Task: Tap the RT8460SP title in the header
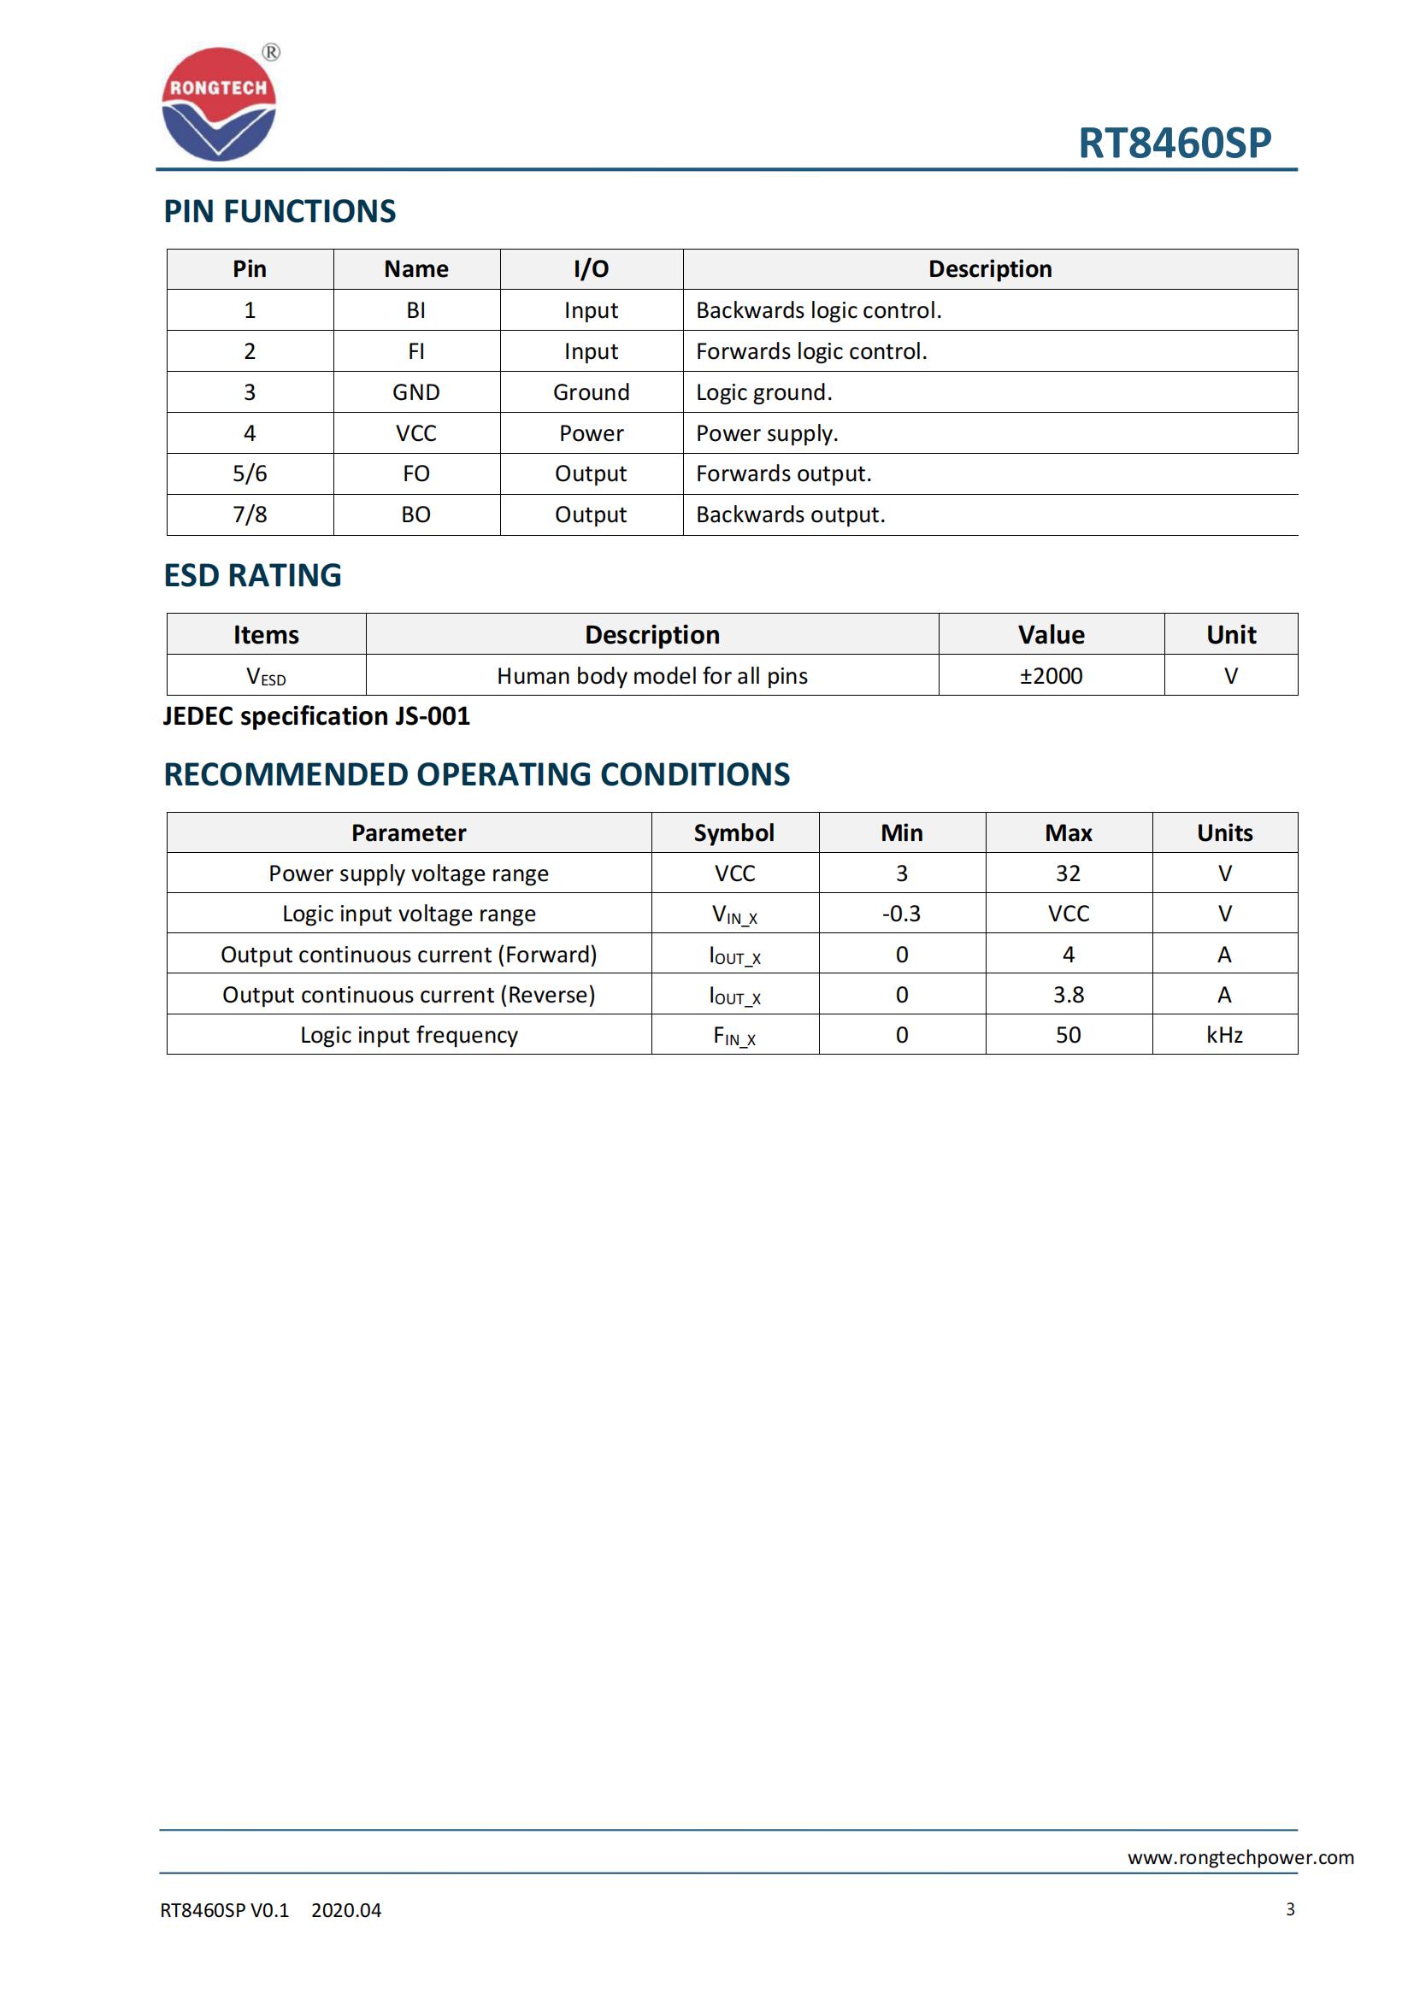click(1174, 143)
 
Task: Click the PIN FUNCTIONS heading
click(280, 212)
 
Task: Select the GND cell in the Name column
click(416, 391)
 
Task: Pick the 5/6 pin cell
click(250, 473)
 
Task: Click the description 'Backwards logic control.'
click(818, 311)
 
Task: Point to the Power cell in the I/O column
click(592, 432)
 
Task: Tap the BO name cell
click(416, 514)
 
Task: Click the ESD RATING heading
click(252, 575)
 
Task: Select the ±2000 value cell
click(1051, 676)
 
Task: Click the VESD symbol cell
click(266, 677)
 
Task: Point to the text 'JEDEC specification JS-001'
click(316, 715)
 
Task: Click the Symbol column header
click(734, 833)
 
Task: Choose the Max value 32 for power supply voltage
click(1069, 873)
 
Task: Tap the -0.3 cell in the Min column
click(901, 914)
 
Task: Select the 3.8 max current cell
click(1069, 994)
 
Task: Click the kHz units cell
click(1224, 1034)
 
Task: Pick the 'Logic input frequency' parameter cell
click(409, 1034)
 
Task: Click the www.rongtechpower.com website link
click(1240, 1857)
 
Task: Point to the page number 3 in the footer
click(1289, 1909)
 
